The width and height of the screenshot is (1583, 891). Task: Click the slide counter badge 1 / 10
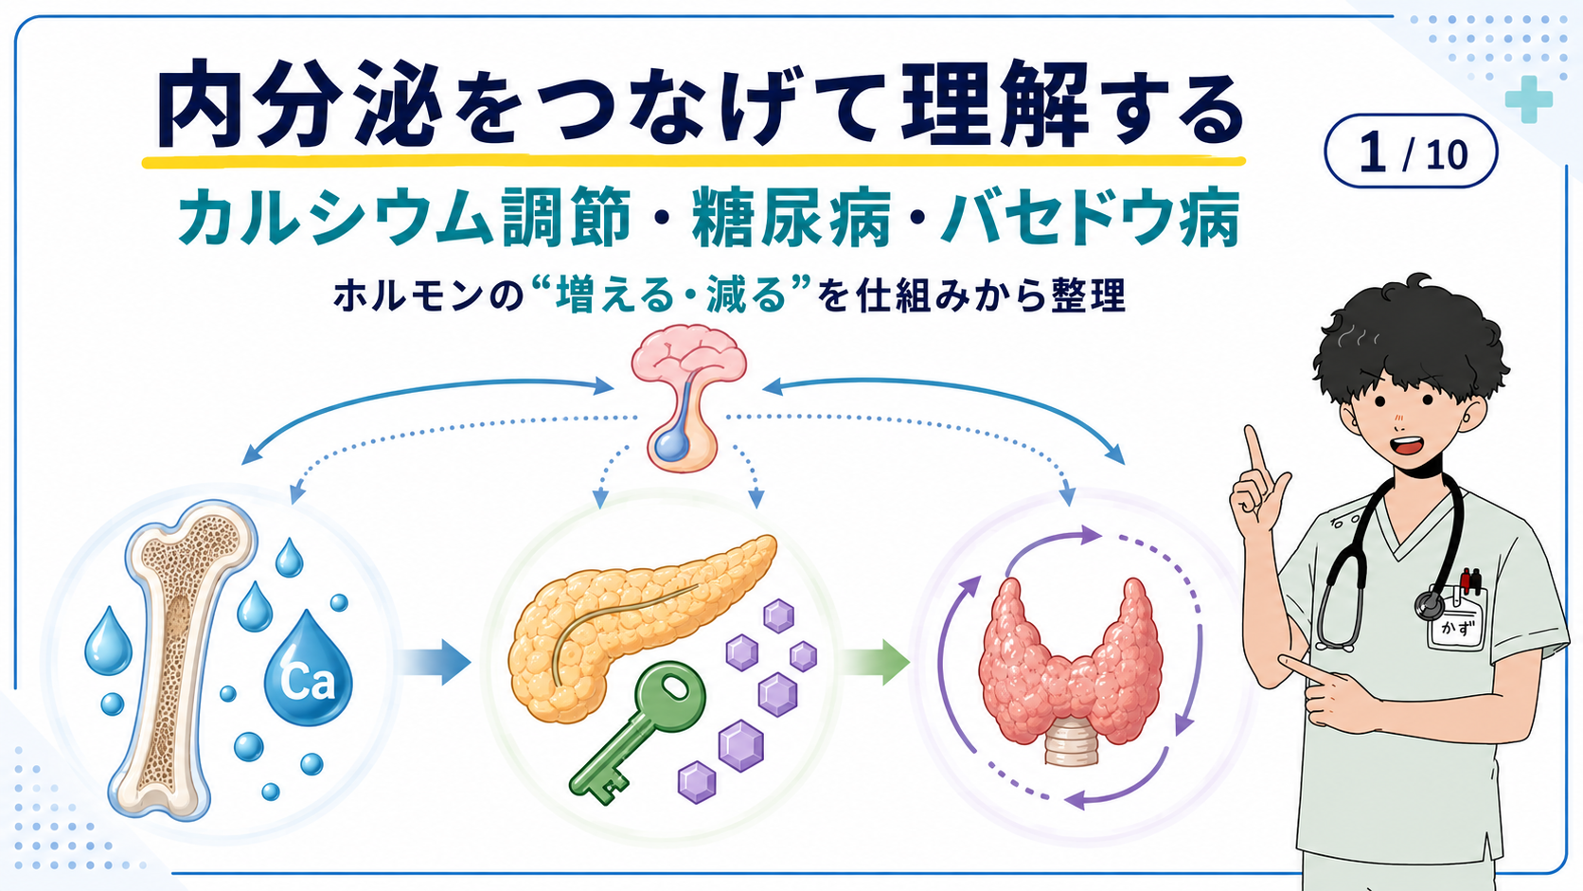point(1411,151)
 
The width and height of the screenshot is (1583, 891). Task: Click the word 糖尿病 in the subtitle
point(791,217)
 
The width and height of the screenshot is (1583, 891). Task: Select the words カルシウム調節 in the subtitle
point(404,217)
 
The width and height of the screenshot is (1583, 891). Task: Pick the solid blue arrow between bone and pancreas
point(433,662)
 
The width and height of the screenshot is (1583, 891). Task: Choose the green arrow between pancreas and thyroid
point(874,662)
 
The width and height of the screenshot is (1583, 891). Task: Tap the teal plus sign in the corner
point(1529,98)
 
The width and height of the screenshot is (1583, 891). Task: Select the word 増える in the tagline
point(614,295)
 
